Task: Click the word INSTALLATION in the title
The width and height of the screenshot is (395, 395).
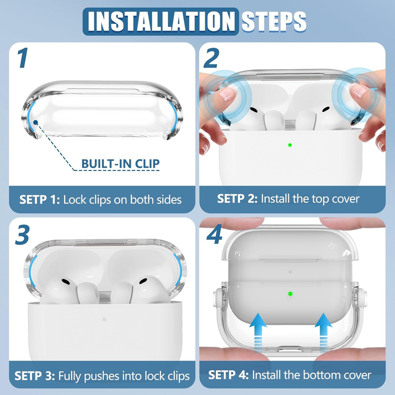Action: (x=161, y=21)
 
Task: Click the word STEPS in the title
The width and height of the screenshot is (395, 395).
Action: (x=274, y=22)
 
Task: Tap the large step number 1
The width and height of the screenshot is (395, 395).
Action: (x=23, y=58)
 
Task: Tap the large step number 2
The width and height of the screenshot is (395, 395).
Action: (x=211, y=58)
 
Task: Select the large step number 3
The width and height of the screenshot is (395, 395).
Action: (x=22, y=235)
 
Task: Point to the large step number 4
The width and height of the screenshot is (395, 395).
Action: (x=214, y=234)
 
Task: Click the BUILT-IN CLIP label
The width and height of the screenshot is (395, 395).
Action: (x=120, y=164)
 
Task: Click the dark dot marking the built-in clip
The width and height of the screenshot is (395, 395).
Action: (x=36, y=122)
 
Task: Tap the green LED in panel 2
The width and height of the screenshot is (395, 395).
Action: (x=290, y=145)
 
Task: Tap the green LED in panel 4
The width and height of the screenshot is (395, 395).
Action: (x=290, y=294)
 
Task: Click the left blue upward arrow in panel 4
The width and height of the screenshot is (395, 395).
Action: (x=258, y=332)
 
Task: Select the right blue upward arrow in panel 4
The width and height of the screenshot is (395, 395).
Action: (x=323, y=332)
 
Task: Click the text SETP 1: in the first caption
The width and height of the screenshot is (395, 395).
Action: (x=39, y=200)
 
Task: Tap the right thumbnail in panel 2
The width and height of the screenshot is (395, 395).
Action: (x=357, y=91)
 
